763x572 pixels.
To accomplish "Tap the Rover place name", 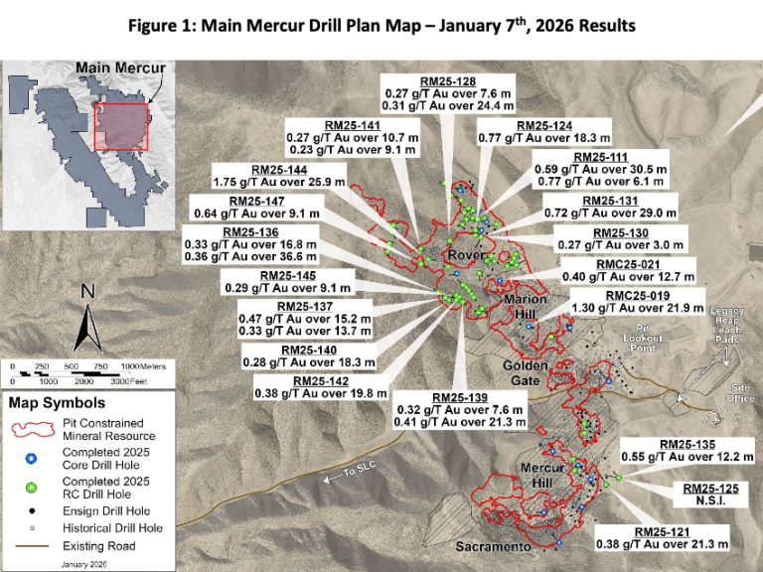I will (466, 255).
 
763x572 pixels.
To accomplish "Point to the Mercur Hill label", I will (540, 475).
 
